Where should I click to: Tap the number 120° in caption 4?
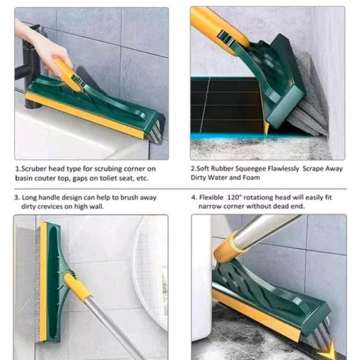pyautogui.click(x=234, y=198)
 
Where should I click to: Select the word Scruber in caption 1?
pyautogui.click(x=33, y=169)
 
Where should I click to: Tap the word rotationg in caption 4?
pyautogui.click(x=258, y=198)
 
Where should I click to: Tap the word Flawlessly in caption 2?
pyautogui.click(x=284, y=169)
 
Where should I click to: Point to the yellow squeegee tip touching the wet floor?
pyautogui.click(x=266, y=130)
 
